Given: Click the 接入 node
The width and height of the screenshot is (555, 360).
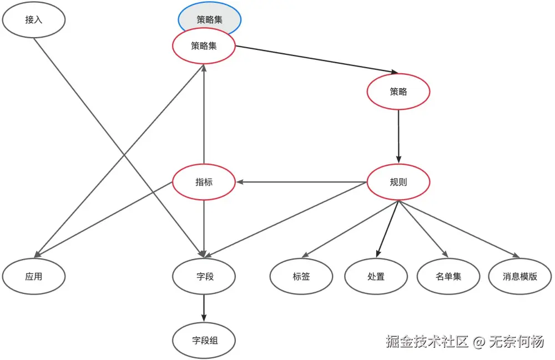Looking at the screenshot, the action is click(34, 20).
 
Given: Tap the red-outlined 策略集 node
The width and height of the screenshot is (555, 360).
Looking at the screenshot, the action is click(204, 46).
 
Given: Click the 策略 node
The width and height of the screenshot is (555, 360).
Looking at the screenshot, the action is click(398, 92).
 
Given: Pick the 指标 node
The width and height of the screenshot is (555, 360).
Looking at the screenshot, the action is click(204, 182).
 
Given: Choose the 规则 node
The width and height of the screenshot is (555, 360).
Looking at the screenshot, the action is click(398, 182).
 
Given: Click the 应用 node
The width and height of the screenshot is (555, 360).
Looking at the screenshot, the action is click(34, 276).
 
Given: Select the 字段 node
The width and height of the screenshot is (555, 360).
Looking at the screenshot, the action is click(204, 276).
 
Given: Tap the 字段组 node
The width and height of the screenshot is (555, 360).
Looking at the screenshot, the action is click(204, 340).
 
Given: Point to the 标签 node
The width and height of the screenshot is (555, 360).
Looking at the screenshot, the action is click(301, 276).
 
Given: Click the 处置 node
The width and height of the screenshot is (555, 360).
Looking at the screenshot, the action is click(376, 276).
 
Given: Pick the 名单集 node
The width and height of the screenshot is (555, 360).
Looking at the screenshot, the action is click(448, 276).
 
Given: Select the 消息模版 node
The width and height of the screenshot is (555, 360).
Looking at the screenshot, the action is click(520, 276).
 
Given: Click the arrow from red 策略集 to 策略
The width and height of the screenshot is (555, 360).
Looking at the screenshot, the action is click(316, 59).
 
